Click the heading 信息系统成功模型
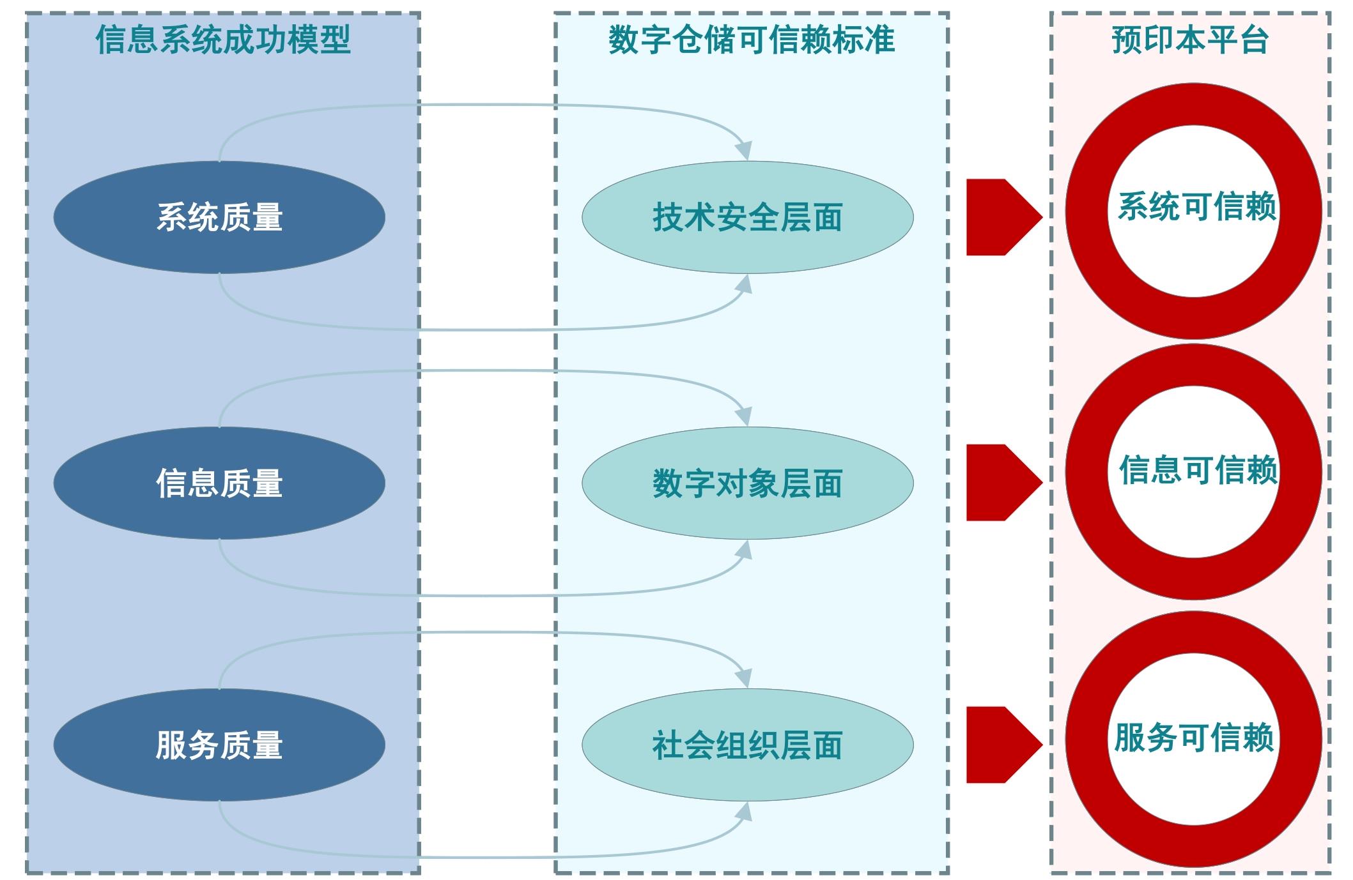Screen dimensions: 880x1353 (223, 40)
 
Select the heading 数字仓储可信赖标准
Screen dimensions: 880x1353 (752, 40)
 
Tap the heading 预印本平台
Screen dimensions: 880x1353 (1190, 40)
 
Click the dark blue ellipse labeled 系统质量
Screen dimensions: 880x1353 (219, 217)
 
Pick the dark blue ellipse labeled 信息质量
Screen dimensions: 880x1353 (219, 483)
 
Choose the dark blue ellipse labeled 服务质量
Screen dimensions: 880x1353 (219, 745)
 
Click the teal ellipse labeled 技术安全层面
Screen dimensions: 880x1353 (747, 217)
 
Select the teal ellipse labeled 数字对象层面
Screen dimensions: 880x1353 (747, 483)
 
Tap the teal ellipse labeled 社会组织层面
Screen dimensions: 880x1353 (747, 745)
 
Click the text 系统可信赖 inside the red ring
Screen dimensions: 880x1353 (1197, 207)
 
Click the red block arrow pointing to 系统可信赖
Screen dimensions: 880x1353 (1000, 217)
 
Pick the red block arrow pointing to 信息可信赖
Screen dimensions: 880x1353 (1000, 482)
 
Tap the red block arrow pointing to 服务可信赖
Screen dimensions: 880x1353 (1000, 745)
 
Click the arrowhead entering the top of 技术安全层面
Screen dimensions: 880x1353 (743, 151)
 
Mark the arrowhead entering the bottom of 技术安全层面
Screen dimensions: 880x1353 (744, 284)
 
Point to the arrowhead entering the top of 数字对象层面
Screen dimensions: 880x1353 (743, 416)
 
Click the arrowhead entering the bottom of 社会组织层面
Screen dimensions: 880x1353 (744, 812)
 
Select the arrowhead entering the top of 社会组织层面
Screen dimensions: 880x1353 (743, 678)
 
